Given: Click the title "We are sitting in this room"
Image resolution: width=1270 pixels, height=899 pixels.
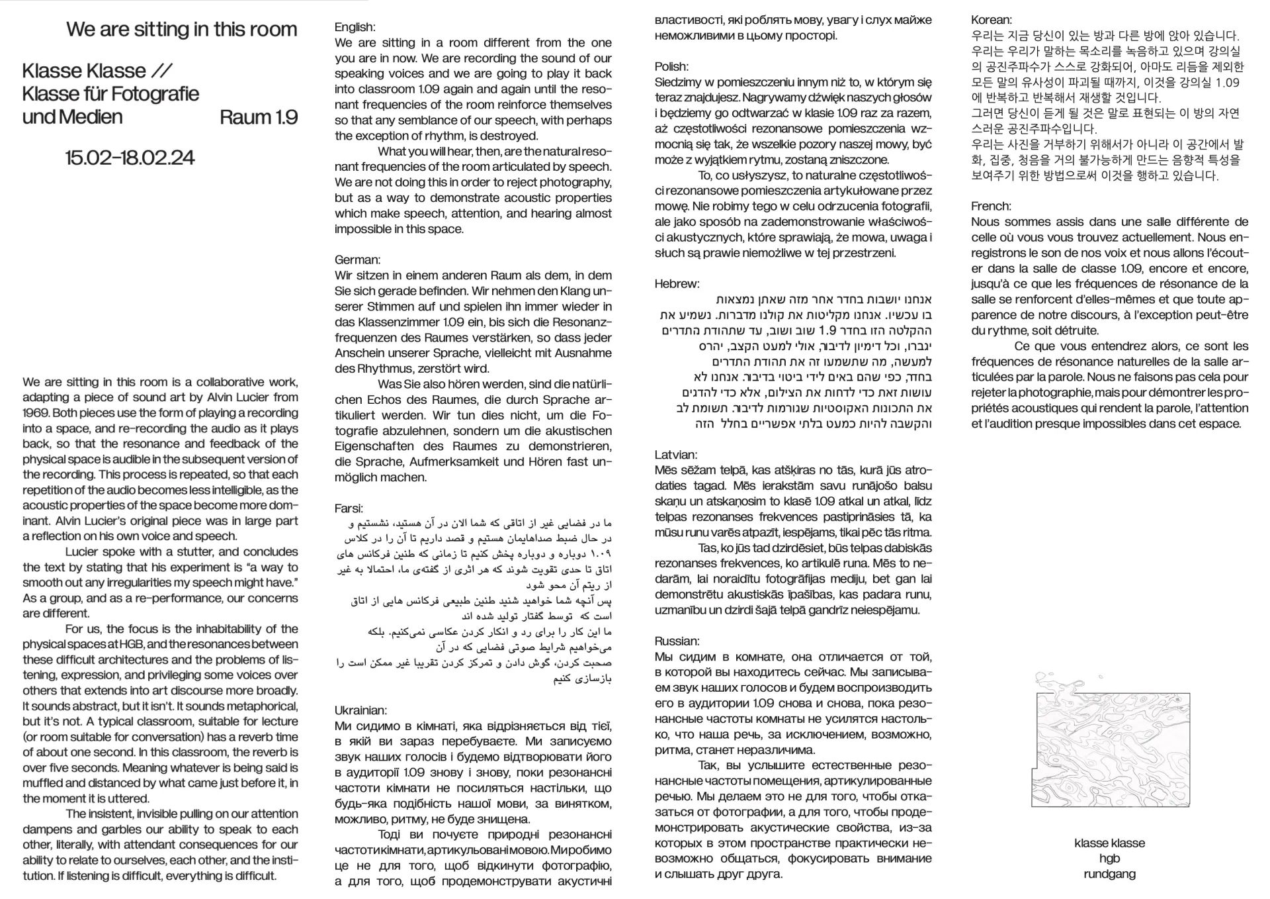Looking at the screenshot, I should pyautogui.click(x=181, y=30).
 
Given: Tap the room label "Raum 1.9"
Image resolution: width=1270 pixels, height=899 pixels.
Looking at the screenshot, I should pyautogui.click(x=258, y=117).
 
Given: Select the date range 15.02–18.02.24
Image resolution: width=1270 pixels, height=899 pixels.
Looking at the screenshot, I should pyautogui.click(x=130, y=158).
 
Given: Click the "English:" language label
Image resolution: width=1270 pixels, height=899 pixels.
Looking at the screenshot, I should pyautogui.click(x=355, y=27).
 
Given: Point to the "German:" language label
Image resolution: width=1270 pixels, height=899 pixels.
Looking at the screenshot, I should pyautogui.click(x=357, y=260).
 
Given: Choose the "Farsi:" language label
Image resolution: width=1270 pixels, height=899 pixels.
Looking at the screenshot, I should pyautogui.click(x=349, y=508).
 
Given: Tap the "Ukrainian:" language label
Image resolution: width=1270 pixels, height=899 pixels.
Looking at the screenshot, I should pyautogui.click(x=360, y=710).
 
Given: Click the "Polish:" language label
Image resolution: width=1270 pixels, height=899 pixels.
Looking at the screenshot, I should pyautogui.click(x=671, y=66).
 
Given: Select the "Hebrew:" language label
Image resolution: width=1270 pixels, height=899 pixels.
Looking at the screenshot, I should pyautogui.click(x=677, y=284).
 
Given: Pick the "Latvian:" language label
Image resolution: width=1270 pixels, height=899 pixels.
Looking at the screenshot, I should pyautogui.click(x=675, y=455).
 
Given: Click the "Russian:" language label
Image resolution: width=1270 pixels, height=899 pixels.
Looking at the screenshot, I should pyautogui.click(x=677, y=641).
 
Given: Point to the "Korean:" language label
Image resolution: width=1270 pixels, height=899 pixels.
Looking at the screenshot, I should pyautogui.click(x=992, y=20).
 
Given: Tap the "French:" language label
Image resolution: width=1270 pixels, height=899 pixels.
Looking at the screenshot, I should pyautogui.click(x=991, y=206).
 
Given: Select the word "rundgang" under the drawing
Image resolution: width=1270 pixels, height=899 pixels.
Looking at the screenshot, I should pyautogui.click(x=1109, y=874).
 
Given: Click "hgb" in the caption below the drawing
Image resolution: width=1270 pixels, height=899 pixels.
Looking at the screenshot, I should pyautogui.click(x=1109, y=859).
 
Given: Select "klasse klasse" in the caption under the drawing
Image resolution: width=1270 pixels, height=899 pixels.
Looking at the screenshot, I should pyautogui.click(x=1109, y=843).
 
